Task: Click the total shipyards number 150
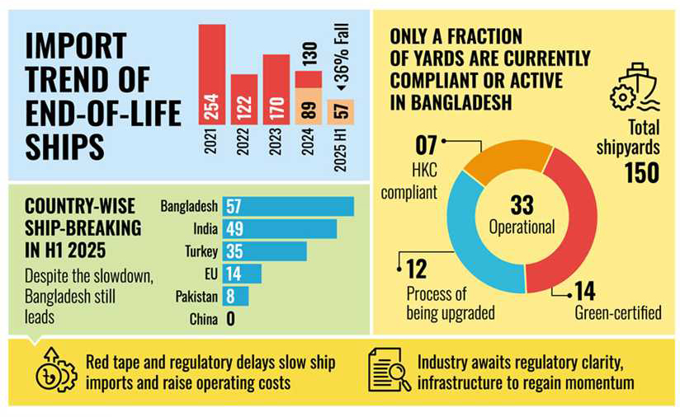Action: coord(640,174)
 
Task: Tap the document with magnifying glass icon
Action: coord(389,372)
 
